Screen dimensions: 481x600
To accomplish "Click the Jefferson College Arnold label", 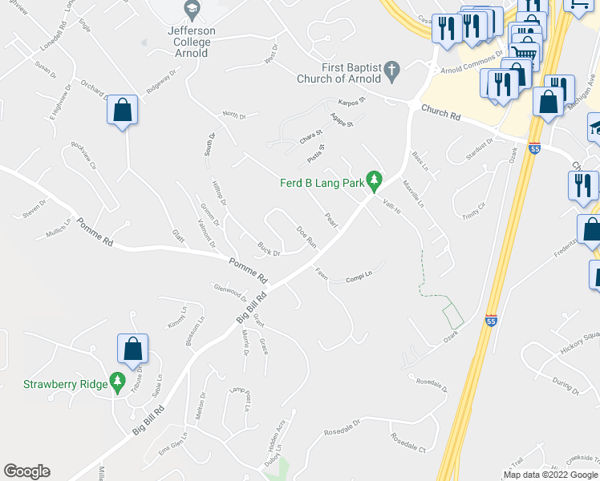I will click(191, 42).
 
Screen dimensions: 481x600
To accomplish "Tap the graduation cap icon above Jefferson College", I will click(191, 10).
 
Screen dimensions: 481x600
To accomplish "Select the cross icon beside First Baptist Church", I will click(391, 71).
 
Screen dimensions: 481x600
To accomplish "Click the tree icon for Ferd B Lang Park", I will click(373, 182).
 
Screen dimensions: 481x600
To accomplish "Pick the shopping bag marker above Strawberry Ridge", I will click(133, 350).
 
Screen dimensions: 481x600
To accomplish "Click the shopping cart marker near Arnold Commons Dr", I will click(523, 54).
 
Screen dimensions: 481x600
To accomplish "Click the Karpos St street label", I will click(351, 103).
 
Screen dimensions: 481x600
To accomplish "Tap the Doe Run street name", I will click(306, 238).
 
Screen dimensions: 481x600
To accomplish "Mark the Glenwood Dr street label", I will click(230, 289).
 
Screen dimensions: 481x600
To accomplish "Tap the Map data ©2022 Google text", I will click(549, 475).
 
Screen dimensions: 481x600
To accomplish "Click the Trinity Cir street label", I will click(474, 211).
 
